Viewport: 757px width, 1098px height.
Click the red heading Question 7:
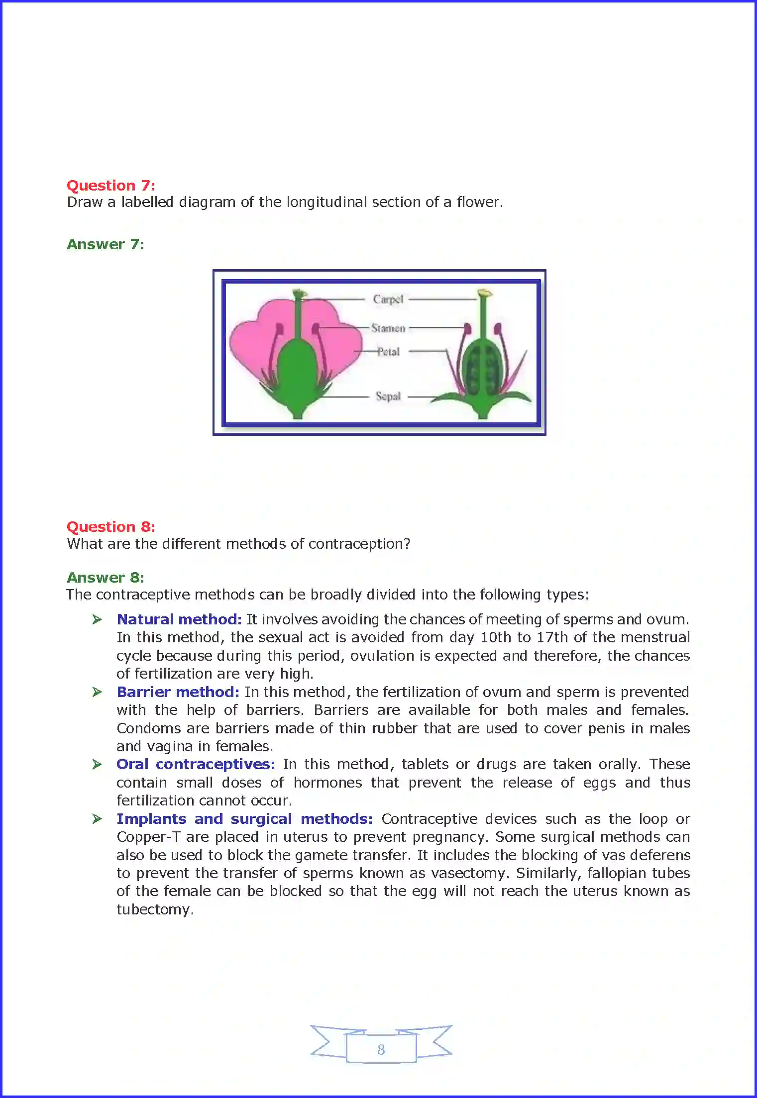[110, 186]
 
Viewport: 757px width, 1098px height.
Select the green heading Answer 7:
[105, 244]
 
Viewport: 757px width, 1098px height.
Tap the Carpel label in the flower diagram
[388, 299]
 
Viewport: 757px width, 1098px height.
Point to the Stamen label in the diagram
[388, 328]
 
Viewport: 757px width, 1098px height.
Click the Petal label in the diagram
[388, 352]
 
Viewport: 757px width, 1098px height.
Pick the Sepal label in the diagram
[388, 397]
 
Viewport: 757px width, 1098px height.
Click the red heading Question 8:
[110, 527]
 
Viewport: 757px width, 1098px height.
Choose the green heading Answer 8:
[105, 578]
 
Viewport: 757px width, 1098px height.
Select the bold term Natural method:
[179, 619]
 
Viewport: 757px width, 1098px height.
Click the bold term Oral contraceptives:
[195, 764]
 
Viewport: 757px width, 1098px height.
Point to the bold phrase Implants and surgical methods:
[244, 819]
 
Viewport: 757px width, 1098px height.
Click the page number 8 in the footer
[381, 1050]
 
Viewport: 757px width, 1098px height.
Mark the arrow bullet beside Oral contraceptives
[97, 765]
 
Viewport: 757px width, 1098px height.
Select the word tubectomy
[155, 910]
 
